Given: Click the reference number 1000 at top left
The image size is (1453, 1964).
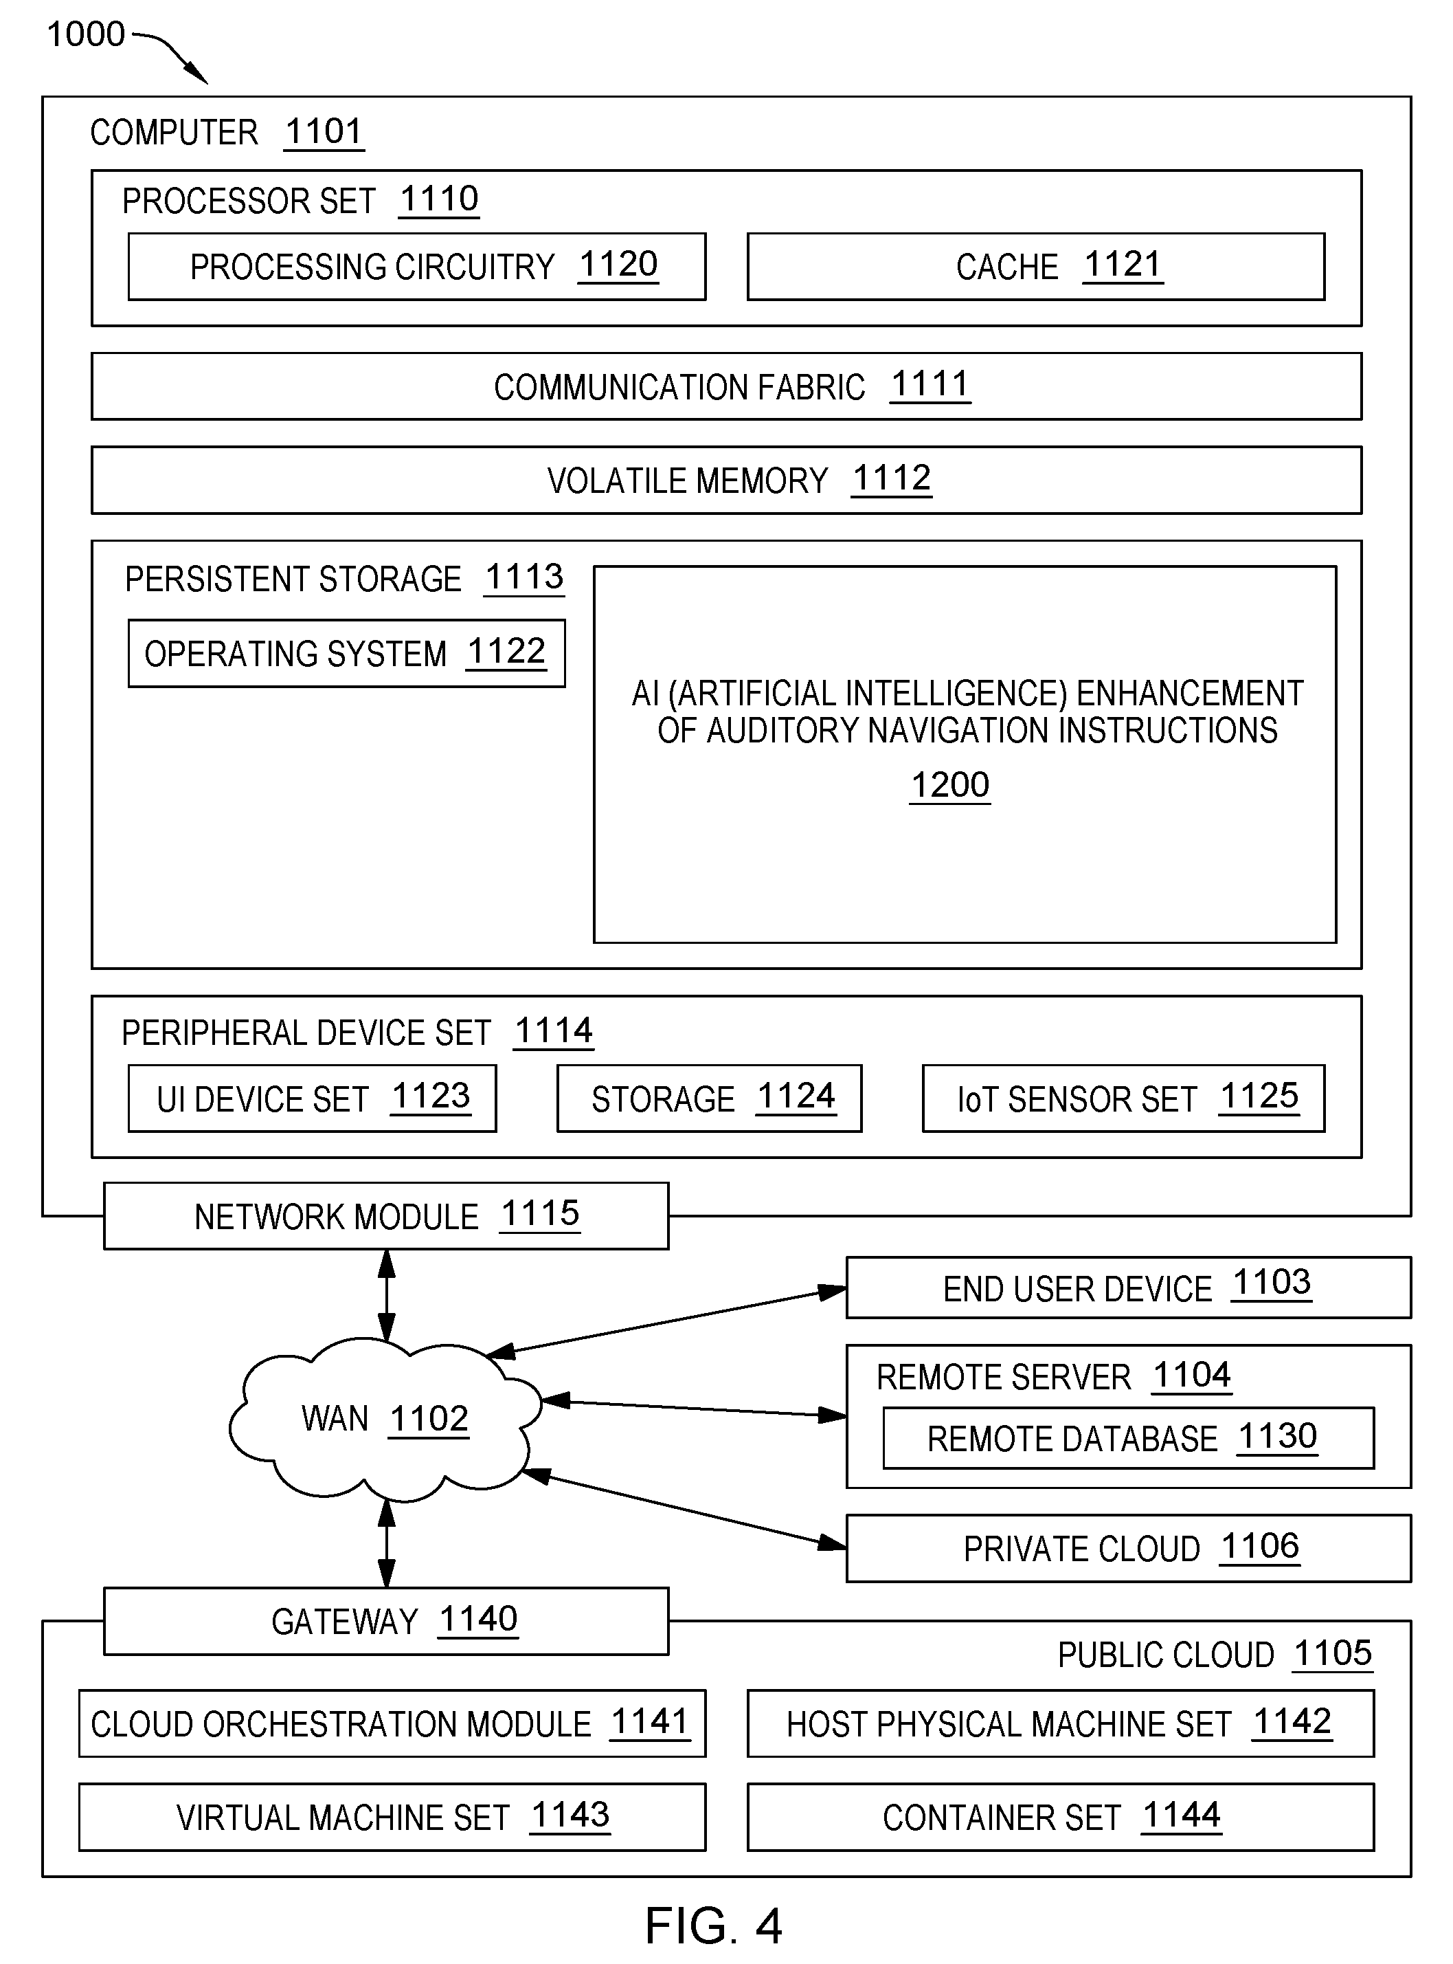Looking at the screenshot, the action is pos(85,34).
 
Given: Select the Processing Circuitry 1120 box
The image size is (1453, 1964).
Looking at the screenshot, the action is pos(417,267).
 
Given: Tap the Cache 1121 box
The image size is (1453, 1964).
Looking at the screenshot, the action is pos(1036,267).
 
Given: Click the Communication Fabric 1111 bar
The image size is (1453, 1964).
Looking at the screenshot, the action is pos(727,386).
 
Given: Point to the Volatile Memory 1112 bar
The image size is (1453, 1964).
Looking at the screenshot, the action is pos(727,481).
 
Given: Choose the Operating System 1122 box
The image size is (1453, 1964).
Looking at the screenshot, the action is pos(346,654).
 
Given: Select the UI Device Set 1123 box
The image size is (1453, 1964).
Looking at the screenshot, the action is pos(312,1098).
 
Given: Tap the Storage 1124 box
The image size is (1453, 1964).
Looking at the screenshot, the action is pos(710,1098).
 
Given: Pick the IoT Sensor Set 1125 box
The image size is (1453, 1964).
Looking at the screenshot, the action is pos(1124,1098).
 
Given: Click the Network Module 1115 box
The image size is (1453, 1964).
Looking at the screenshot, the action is pos(386,1216).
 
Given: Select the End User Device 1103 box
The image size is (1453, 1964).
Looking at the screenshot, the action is pos(1129,1288).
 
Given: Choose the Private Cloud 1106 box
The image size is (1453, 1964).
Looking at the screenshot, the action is pos(1129,1549).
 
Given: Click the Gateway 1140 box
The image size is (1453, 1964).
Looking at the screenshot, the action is pos(386,1622).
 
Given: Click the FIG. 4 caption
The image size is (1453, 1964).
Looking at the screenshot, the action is pos(713,1926).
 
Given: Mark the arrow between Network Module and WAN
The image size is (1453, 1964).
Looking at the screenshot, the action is pos(386,1295).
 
